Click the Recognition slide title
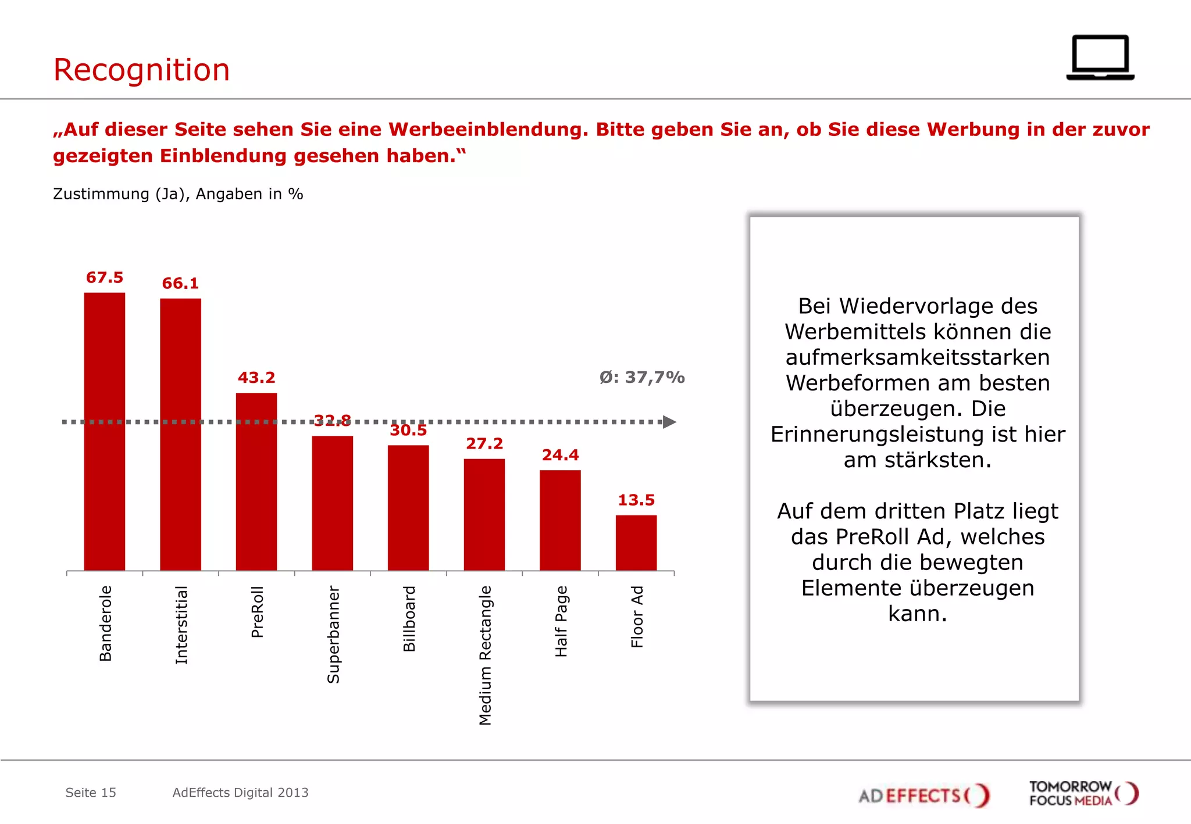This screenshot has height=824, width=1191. (141, 70)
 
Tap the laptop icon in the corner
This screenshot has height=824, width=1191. (1100, 58)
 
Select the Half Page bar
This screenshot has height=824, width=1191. (560, 520)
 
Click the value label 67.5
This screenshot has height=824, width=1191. (105, 278)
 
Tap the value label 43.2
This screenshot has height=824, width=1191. (256, 378)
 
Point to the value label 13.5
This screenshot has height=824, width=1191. (636, 500)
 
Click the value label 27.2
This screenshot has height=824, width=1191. (484, 444)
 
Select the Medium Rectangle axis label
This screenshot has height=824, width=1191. (485, 655)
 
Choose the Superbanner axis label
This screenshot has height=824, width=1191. (333, 634)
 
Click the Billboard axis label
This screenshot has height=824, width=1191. (409, 618)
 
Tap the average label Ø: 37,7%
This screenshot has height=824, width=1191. (642, 378)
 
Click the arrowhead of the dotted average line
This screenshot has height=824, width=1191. (669, 422)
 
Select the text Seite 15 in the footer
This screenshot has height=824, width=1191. (91, 793)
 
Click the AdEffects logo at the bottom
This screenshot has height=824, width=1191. (923, 795)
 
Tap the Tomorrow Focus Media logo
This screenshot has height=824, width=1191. (1083, 793)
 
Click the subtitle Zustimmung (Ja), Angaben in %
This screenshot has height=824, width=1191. (178, 194)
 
